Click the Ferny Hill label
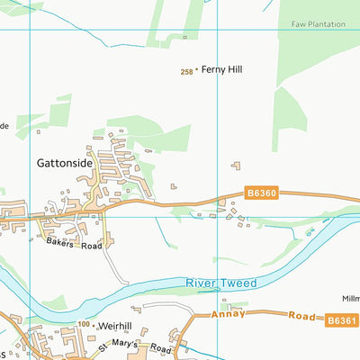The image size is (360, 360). tap(221, 69)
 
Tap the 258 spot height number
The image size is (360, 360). tap(186, 71)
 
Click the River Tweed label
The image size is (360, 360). tap(221, 283)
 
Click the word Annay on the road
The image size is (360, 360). tap(229, 315)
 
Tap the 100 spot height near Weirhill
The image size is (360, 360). tap(84, 323)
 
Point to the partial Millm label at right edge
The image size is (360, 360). tap(350, 298)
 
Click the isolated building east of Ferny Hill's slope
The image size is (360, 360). tap(237, 165)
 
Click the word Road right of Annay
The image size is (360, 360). tap(300, 317)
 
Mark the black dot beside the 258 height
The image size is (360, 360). tap(196, 71)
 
